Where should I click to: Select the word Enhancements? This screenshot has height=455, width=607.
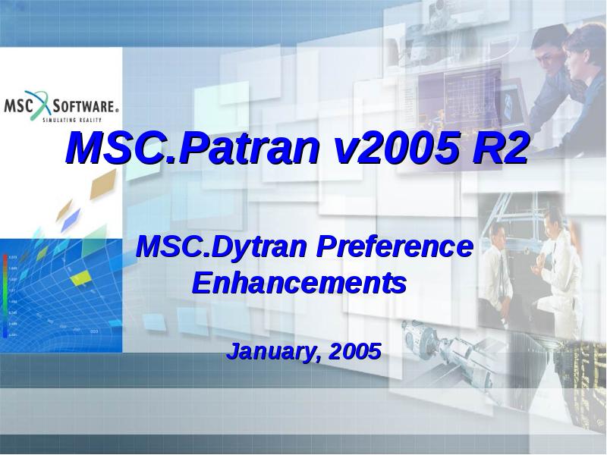point(299,283)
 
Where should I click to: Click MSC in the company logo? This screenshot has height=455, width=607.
point(20,105)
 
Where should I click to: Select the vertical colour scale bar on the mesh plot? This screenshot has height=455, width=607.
point(5,296)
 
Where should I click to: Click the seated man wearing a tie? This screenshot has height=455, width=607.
point(497,265)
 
